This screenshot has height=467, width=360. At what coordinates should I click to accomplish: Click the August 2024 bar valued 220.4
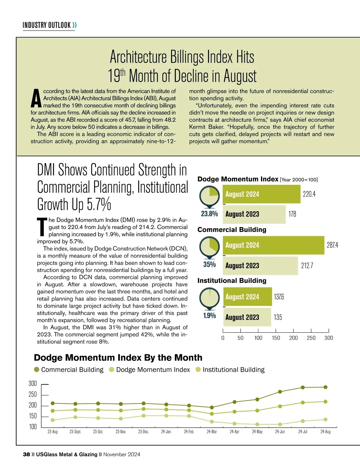261,194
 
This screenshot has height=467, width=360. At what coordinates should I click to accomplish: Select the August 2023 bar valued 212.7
260,266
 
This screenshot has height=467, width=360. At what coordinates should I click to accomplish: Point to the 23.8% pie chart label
209,214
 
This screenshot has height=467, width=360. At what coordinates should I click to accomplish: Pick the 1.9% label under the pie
209,315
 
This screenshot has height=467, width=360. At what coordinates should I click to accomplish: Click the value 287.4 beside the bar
332,245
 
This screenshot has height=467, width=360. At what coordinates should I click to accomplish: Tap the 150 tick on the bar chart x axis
276,338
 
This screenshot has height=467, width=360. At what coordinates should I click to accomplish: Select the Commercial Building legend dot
37,370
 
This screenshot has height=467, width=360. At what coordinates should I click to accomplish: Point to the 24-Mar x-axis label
212,432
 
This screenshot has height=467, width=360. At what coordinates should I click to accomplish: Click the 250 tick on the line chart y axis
32,394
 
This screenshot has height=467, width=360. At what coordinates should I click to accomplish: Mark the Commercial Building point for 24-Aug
325,387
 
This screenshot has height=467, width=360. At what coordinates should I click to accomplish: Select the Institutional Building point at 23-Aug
53,420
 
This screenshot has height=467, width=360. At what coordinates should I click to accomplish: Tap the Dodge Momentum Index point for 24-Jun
280,406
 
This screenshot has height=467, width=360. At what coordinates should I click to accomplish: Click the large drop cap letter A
36,98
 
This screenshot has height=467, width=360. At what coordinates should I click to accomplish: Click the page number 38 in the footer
26,454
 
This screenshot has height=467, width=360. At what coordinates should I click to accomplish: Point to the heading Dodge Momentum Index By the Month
118,358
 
